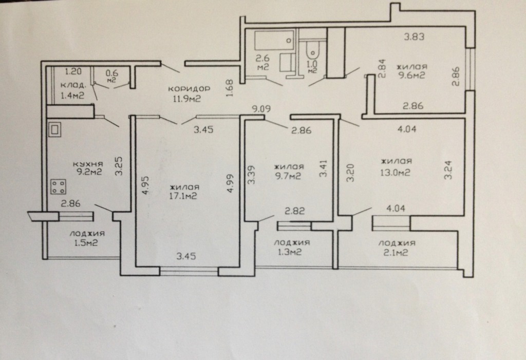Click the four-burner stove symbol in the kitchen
tap(59, 187)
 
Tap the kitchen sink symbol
tap(55, 129)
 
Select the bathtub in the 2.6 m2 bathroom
tap(274, 40)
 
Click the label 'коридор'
tap(189, 89)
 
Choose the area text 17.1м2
tap(183, 196)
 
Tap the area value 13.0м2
tap(395, 173)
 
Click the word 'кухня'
tap(88, 164)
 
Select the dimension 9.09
tap(261, 109)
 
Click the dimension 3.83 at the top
tap(414, 36)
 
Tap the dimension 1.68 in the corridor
tap(230, 88)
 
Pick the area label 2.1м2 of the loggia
tap(396, 252)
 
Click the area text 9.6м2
tap(411, 75)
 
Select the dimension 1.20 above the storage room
tap(73, 71)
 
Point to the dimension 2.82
tap(295, 211)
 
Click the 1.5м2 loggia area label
tap(86, 242)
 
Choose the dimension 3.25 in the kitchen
tap(119, 166)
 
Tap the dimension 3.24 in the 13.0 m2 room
tap(448, 170)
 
